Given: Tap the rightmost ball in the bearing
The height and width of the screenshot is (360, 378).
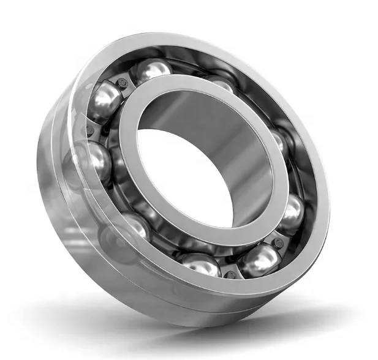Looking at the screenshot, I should tap(292, 211).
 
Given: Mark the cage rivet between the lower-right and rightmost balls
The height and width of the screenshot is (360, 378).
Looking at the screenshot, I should tap(279, 242).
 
